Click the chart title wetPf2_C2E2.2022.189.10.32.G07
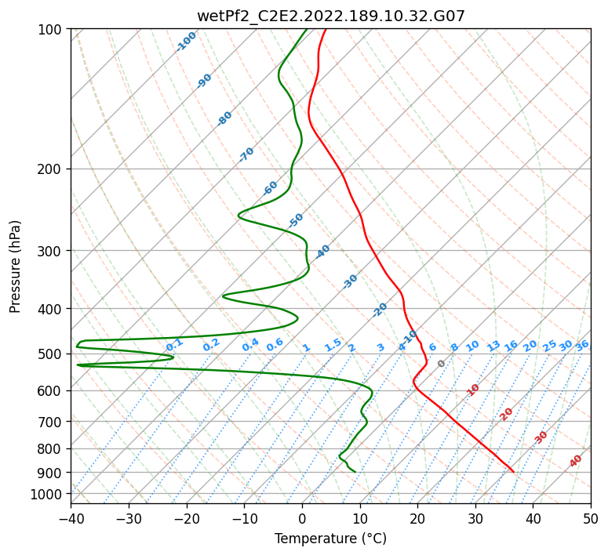[x=330, y=16]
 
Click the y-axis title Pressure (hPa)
[x=16, y=267]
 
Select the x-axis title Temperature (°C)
[x=330, y=539]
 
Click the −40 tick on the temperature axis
[x=71, y=518]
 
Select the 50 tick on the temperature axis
[x=591, y=518]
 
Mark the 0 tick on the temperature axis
[x=302, y=518]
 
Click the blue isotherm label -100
[x=186, y=42]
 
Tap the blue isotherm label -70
[x=246, y=154]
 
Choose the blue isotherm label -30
[x=350, y=281]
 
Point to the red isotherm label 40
[x=576, y=461]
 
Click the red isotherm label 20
[x=507, y=414]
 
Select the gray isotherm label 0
[x=442, y=364]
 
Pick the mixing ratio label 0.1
[x=174, y=344]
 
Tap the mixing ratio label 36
[x=582, y=346]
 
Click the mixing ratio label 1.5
[x=333, y=345]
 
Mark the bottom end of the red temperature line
[x=514, y=472]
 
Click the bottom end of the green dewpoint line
[x=355, y=472]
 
